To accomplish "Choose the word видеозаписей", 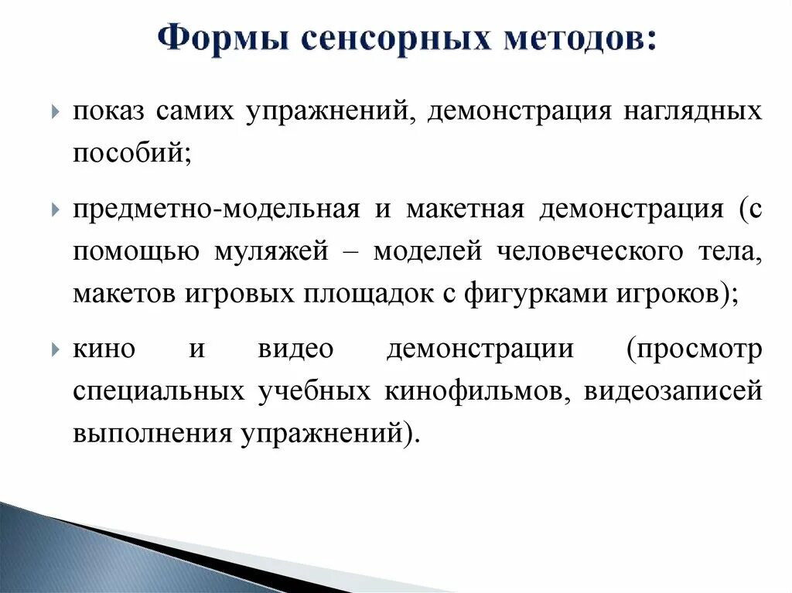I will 673,391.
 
